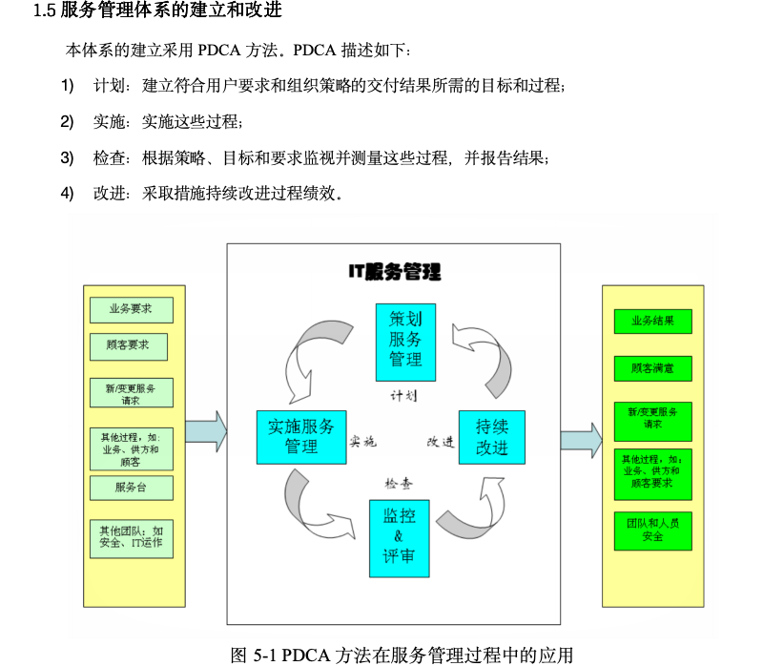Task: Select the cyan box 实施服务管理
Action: click(300, 436)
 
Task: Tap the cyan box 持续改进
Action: click(491, 437)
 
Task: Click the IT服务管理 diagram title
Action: click(394, 273)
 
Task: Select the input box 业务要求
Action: click(132, 309)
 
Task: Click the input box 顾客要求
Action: click(129, 344)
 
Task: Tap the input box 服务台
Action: click(132, 488)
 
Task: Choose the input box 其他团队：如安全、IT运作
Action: click(132, 537)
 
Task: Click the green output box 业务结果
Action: click(653, 322)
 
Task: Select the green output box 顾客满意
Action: click(653, 368)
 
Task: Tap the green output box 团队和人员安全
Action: click(653, 530)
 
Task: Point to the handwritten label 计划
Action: click(403, 395)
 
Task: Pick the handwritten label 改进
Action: click(441, 442)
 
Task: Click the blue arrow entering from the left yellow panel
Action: click(205, 431)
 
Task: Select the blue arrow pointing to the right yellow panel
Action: click(581, 440)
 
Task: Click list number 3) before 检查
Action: click(67, 157)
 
